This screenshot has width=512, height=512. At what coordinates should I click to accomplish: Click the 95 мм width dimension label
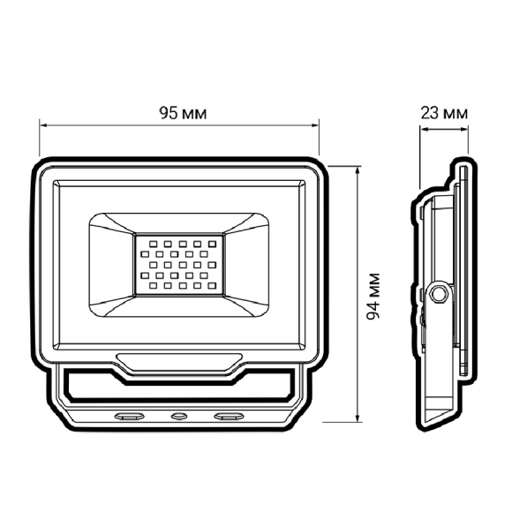180,113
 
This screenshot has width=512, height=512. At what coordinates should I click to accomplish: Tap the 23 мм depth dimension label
444,113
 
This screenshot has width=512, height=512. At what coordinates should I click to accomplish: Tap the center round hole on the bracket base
180,415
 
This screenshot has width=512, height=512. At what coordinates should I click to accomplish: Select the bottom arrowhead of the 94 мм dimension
357,423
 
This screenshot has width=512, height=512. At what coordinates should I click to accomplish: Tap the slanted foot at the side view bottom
441,410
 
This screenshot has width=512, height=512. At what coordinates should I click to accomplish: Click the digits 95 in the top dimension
167,113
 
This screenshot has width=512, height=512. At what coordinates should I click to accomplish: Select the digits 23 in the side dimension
430,113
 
